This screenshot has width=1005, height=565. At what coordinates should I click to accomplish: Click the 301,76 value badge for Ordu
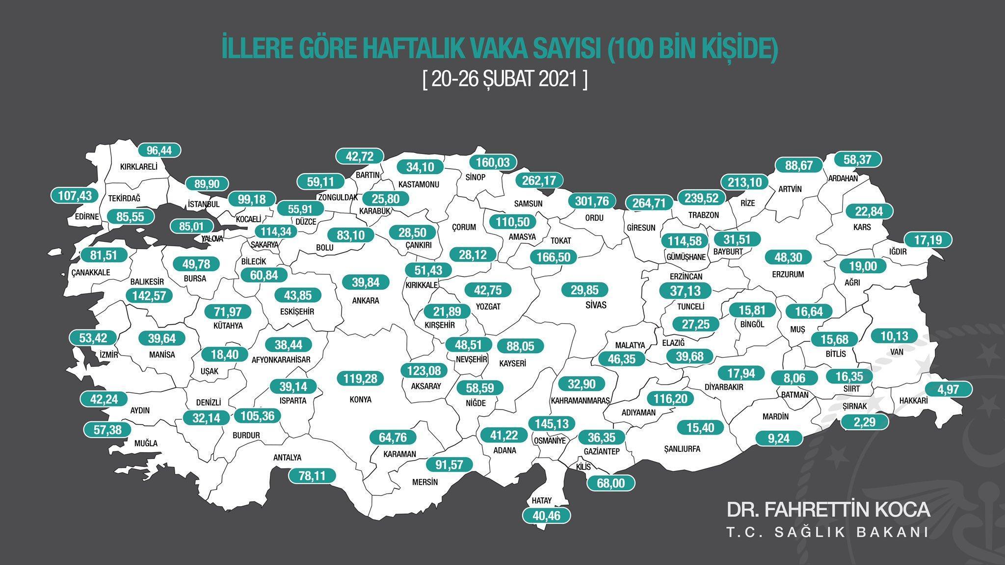591,202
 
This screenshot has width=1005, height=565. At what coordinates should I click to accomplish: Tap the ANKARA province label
366,301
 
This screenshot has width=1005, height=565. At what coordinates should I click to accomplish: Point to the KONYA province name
360,400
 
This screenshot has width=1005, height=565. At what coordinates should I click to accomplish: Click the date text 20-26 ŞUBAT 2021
504,79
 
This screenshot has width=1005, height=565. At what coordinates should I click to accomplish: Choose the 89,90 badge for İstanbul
207,184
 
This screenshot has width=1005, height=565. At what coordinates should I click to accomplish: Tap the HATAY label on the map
542,501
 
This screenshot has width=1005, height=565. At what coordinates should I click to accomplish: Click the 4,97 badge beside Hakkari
948,390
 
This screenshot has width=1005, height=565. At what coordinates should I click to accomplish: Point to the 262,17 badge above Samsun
539,180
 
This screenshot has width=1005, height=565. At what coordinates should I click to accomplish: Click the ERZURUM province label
788,274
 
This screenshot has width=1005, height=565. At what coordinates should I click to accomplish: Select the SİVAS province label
596,305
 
